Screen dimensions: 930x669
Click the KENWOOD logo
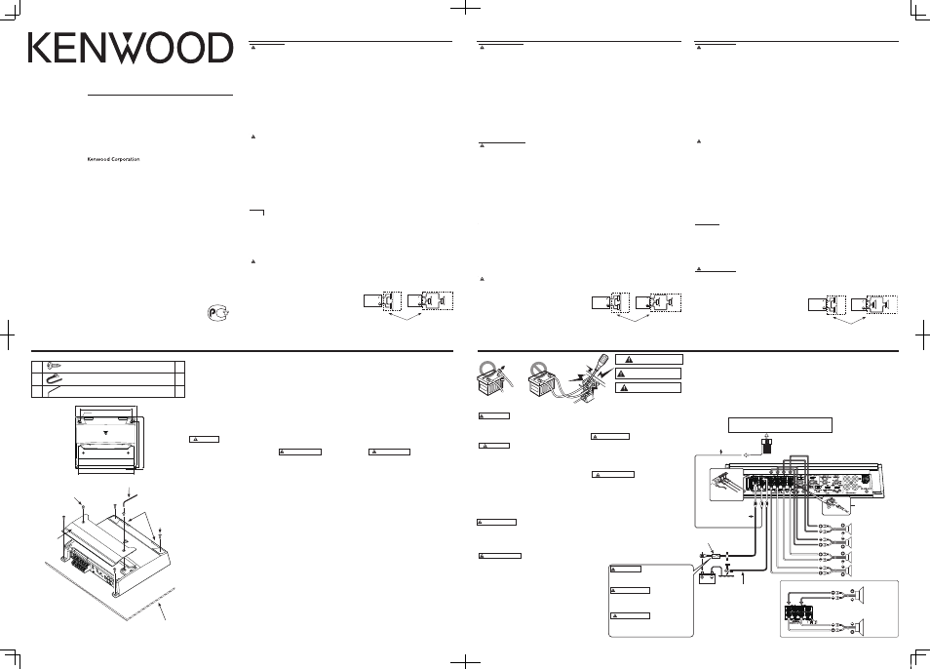(x=131, y=48)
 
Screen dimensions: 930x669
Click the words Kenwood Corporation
(x=114, y=160)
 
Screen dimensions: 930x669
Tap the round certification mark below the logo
(x=218, y=312)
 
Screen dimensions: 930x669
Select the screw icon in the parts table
(x=54, y=366)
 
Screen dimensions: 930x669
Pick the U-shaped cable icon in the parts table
(x=53, y=378)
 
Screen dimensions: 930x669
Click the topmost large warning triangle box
(x=649, y=360)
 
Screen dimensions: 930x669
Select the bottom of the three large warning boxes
(x=647, y=388)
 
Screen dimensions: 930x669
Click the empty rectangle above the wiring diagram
(x=780, y=425)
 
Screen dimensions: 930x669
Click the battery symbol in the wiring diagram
(x=707, y=577)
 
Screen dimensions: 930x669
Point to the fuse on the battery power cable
(x=716, y=556)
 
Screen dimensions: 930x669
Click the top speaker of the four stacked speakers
(x=849, y=529)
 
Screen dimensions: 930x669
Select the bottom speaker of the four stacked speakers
(x=849, y=571)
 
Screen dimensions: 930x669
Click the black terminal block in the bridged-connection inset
(x=797, y=613)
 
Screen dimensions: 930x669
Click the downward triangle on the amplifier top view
(x=105, y=433)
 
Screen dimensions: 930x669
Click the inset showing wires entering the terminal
(x=725, y=485)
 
